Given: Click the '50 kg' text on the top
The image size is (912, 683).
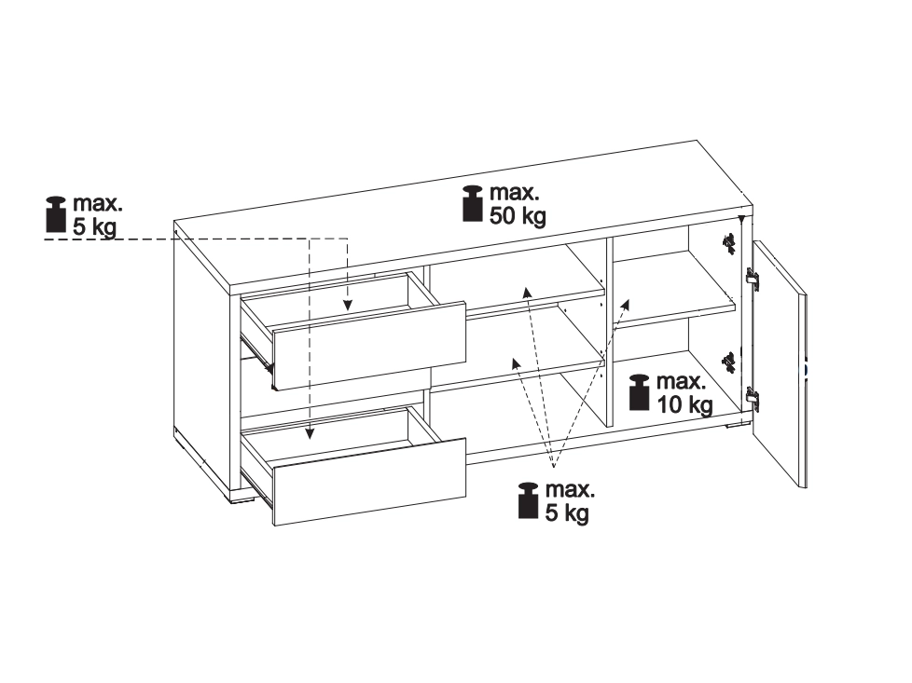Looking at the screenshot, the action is [x=518, y=215].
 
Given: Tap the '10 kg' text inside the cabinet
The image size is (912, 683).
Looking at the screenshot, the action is [x=684, y=404].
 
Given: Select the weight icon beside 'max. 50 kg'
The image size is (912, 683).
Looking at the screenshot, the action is [x=472, y=203].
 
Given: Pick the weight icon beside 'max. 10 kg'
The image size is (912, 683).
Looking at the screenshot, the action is [x=639, y=392].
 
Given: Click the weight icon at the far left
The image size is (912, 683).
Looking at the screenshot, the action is [x=56, y=214].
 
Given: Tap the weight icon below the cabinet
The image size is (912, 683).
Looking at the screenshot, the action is [x=528, y=500].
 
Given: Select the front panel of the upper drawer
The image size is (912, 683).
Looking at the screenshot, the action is [x=369, y=346].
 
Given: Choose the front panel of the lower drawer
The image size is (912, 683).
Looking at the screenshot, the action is [x=370, y=482].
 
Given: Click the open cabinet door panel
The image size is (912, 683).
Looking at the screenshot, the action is [x=779, y=364].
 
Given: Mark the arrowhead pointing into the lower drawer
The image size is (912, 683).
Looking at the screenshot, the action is [x=310, y=432].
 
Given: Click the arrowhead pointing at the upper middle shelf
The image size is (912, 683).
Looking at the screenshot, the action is [x=526, y=293].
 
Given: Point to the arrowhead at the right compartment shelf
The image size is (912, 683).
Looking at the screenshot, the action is [x=626, y=306].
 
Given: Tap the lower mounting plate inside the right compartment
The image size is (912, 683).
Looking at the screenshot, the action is [x=727, y=362].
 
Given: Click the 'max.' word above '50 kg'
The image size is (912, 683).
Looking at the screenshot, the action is [x=515, y=192].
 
